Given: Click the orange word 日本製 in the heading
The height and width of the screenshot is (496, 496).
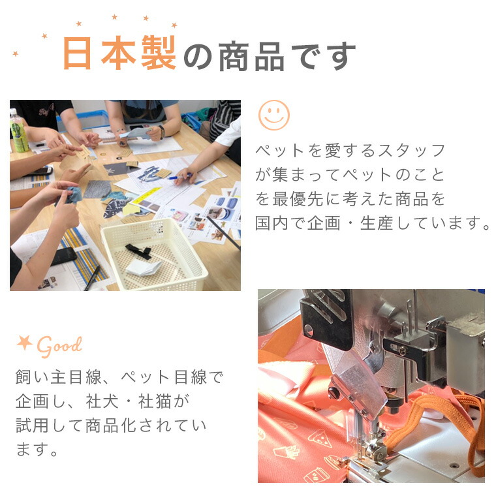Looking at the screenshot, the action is coord(119,52).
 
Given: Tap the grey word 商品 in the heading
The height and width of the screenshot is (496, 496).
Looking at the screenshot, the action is coord(251,56).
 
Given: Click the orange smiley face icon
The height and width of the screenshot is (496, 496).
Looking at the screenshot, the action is coord(274,115).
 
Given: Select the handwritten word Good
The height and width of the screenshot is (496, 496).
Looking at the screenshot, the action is coord(59,346).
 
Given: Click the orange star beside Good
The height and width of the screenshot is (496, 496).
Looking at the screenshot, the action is coord(25,342).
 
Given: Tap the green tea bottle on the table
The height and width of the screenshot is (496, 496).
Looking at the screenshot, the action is coord(19,131).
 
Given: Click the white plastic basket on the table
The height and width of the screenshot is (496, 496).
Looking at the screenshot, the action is coord(154,255).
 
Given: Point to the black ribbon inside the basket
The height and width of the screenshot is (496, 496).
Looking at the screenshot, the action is coord(138,251).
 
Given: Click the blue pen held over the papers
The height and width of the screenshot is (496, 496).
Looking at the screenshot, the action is coord(179,176).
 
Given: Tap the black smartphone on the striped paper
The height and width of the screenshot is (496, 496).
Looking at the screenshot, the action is coord(64,256).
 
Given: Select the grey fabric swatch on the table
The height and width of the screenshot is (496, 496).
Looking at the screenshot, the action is coord(97,189).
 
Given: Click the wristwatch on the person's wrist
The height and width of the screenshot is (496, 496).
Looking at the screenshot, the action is coord(162,132).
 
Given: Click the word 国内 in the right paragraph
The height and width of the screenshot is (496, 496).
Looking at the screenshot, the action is coord(271,223).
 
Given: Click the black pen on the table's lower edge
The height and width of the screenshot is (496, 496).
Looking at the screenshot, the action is coord(93,278).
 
